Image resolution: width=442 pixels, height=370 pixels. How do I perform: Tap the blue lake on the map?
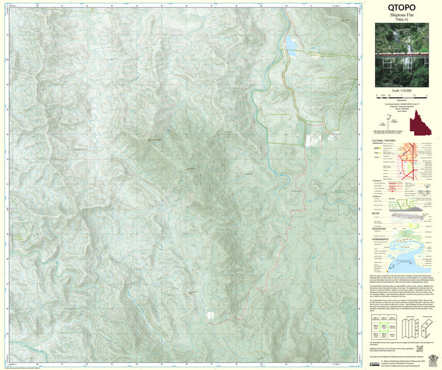pyautogui.click(x=292, y=47)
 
